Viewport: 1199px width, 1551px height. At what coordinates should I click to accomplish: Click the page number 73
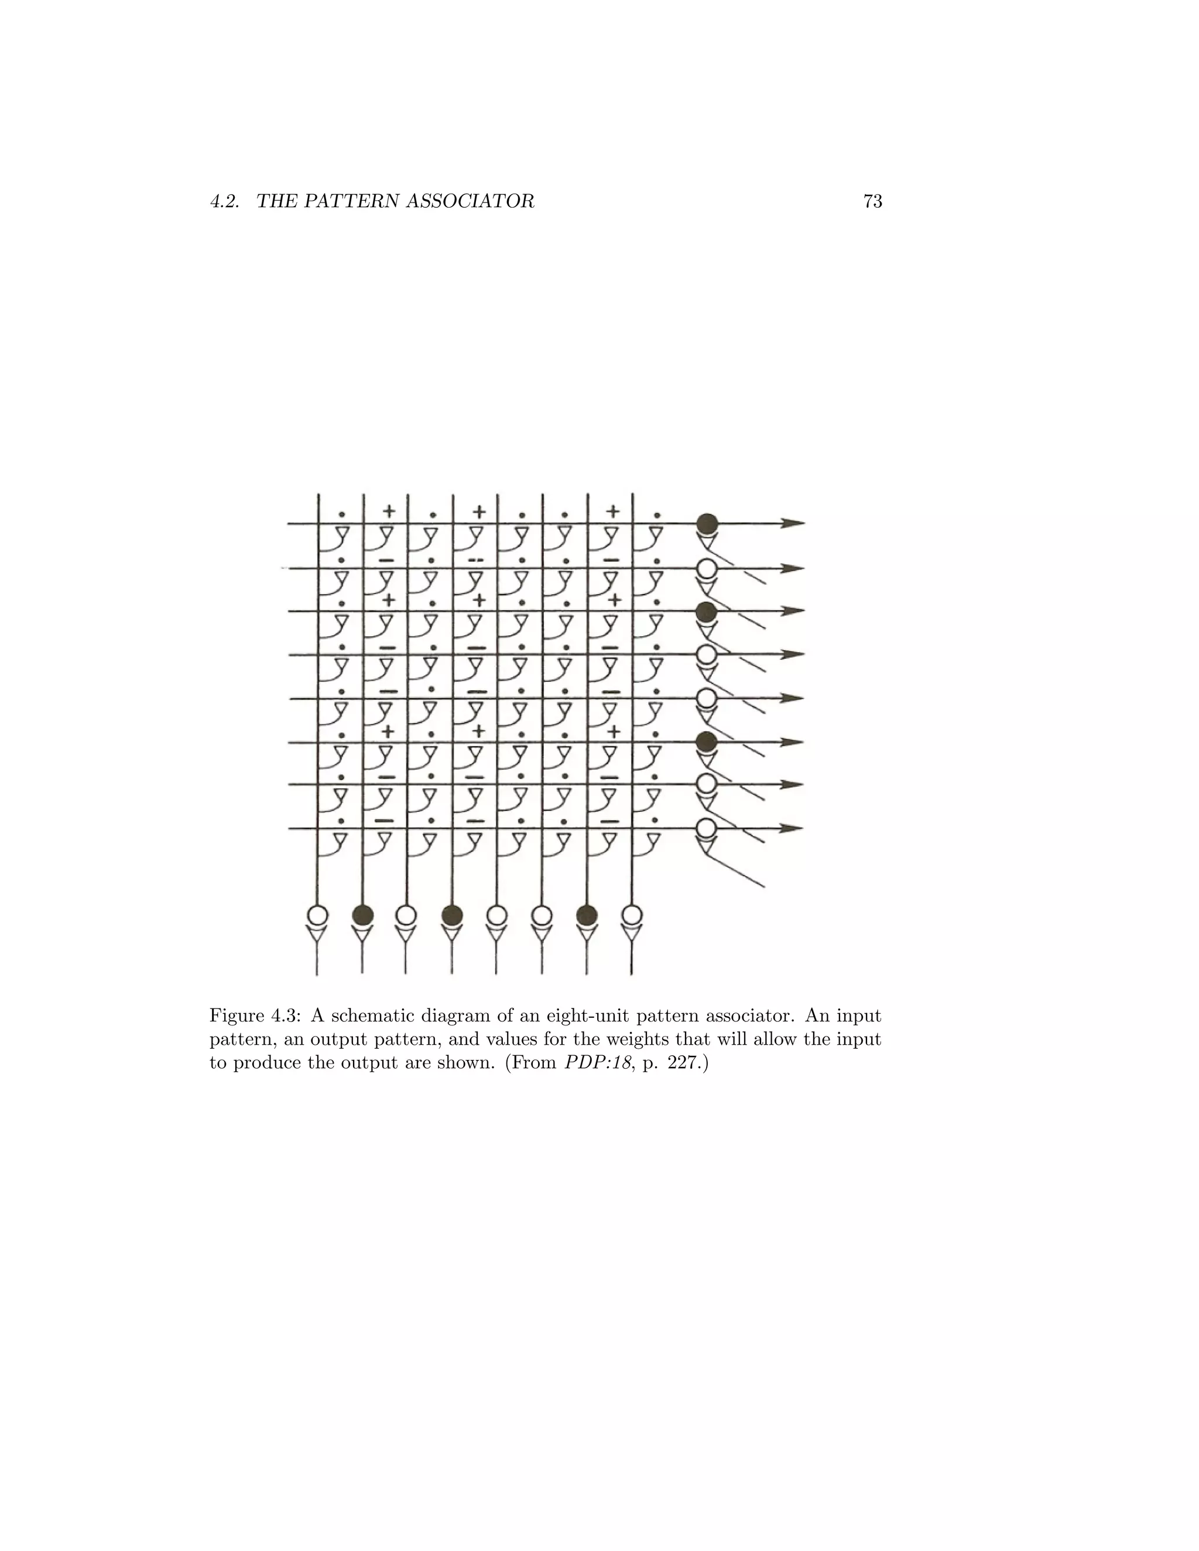(x=872, y=202)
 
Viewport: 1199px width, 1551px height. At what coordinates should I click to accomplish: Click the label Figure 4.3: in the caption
(x=255, y=1015)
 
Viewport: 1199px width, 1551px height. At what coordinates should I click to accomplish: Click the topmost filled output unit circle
(x=707, y=523)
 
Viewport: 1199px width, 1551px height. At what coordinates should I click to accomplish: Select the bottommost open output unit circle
(x=705, y=828)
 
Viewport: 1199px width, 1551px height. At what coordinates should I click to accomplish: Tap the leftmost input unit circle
(x=317, y=915)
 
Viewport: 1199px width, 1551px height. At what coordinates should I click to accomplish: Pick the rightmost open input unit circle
(x=632, y=915)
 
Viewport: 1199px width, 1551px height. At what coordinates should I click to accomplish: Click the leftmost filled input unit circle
(x=362, y=915)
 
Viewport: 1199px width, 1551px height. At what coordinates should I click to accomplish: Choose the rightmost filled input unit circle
(x=587, y=915)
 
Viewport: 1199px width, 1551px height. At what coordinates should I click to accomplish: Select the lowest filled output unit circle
(x=705, y=742)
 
